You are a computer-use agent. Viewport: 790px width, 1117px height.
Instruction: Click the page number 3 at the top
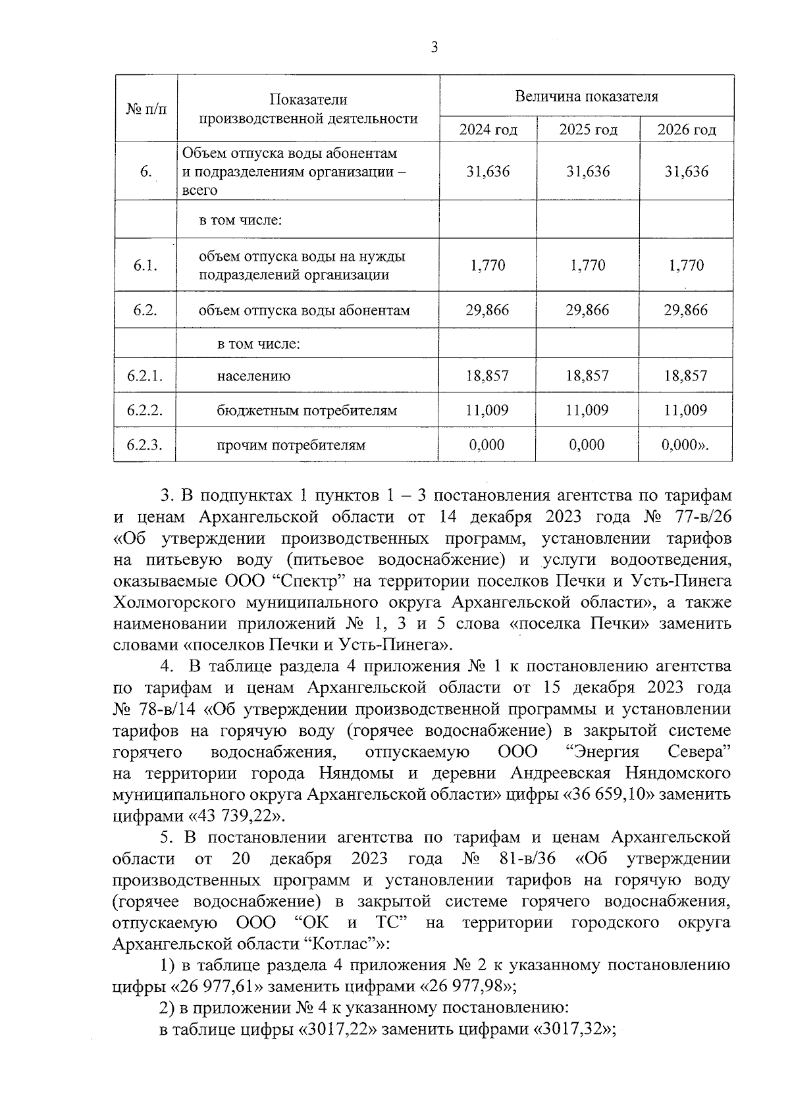(433, 47)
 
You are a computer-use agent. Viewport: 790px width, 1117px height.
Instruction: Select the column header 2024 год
(488, 130)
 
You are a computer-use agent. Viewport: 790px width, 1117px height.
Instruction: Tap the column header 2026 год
(686, 130)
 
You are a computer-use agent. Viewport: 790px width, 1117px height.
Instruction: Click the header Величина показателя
(586, 97)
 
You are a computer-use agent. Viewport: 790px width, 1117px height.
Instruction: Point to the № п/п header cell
(146, 109)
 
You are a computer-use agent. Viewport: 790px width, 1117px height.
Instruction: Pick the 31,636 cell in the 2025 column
(588, 172)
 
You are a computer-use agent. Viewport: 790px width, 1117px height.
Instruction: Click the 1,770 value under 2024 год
(488, 265)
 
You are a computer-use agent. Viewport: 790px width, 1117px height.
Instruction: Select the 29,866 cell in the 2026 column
(686, 310)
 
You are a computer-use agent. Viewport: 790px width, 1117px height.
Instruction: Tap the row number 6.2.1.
(145, 377)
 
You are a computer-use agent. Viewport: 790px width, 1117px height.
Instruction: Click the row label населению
(253, 377)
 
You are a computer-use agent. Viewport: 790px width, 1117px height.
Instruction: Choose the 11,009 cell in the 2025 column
(587, 411)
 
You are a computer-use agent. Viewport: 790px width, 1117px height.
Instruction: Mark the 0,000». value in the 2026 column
(686, 445)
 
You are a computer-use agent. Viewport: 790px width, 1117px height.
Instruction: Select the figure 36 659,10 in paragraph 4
(609, 794)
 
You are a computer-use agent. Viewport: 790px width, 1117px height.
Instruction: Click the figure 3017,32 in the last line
(570, 1029)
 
